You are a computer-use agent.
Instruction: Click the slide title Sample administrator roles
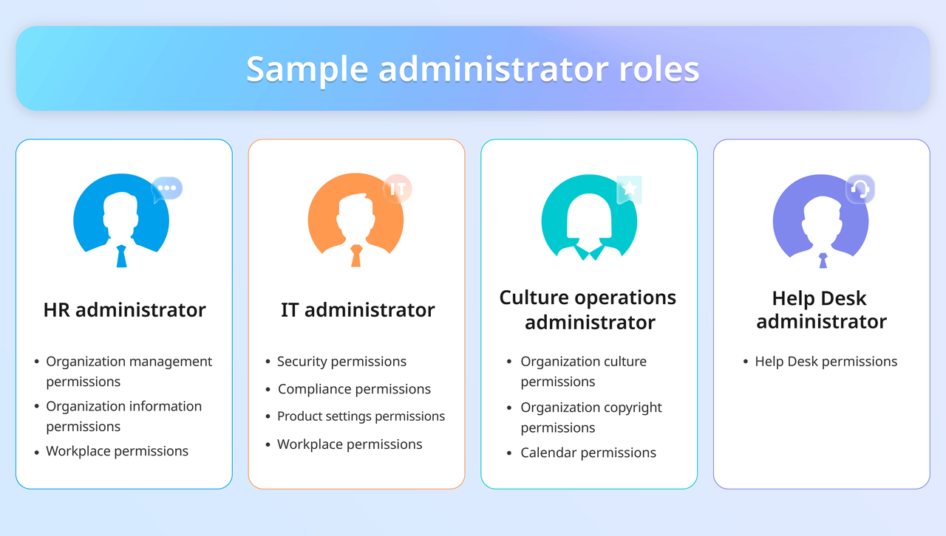472,69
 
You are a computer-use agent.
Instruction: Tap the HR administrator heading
124,310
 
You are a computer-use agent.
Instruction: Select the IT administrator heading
358,310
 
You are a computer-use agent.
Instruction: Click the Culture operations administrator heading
588,310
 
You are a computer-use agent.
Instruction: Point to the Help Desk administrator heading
821,310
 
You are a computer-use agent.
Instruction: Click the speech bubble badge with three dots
167,188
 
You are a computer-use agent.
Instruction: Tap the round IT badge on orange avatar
398,189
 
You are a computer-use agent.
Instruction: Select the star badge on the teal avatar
630,189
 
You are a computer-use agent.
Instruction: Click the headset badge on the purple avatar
860,189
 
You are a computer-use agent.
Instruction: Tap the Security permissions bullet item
341,362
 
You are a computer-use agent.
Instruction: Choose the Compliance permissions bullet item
354,389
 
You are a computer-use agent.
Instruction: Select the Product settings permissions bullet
361,416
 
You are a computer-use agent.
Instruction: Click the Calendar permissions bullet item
588,453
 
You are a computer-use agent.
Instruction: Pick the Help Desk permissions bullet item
826,362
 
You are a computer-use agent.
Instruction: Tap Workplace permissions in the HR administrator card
117,451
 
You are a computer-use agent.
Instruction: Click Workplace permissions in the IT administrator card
350,444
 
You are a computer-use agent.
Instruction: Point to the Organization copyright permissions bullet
591,417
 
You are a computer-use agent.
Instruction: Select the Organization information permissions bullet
123,416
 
